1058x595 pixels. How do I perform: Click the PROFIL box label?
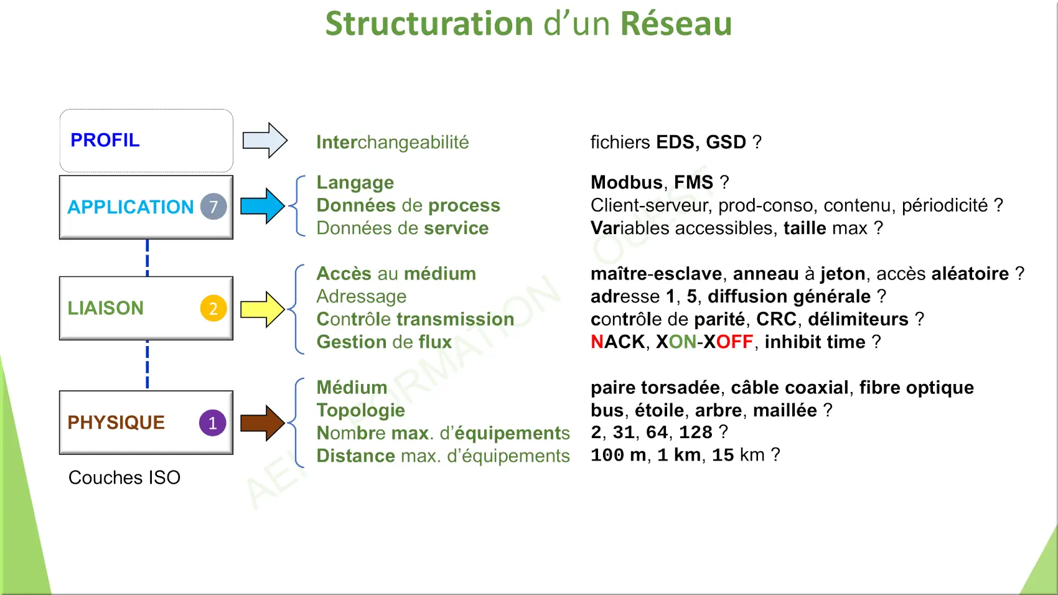[x=105, y=140]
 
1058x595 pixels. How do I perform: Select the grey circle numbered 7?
[x=213, y=207]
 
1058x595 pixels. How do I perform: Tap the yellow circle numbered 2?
[x=213, y=308]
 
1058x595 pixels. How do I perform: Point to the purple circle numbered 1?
[x=213, y=423]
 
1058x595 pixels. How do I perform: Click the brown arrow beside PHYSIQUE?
[x=263, y=423]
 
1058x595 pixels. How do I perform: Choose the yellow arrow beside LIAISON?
[x=263, y=309]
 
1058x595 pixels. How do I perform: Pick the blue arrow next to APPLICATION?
[x=263, y=206]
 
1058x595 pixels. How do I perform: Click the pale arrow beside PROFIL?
[x=265, y=140]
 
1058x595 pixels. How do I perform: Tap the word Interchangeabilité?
[x=393, y=142]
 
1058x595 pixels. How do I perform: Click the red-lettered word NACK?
[x=618, y=342]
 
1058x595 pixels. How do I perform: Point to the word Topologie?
[x=361, y=411]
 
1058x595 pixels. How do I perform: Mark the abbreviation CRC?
[x=777, y=319]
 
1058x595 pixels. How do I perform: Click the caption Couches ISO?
[x=124, y=477]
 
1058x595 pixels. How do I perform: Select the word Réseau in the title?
[x=676, y=23]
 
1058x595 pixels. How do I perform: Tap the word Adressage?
[x=362, y=297]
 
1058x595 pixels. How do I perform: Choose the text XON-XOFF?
[x=705, y=342]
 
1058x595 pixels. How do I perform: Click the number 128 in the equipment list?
[x=695, y=432]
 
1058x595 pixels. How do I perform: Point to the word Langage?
[x=355, y=183]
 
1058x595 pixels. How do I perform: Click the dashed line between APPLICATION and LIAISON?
[x=147, y=258]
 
